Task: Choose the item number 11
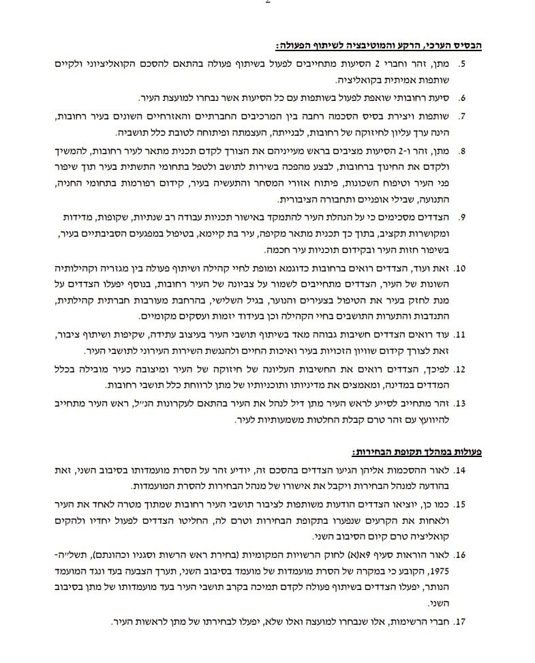pos(460,335)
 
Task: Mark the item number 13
pos(460,403)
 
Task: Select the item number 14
pos(460,471)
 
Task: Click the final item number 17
pos(460,622)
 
